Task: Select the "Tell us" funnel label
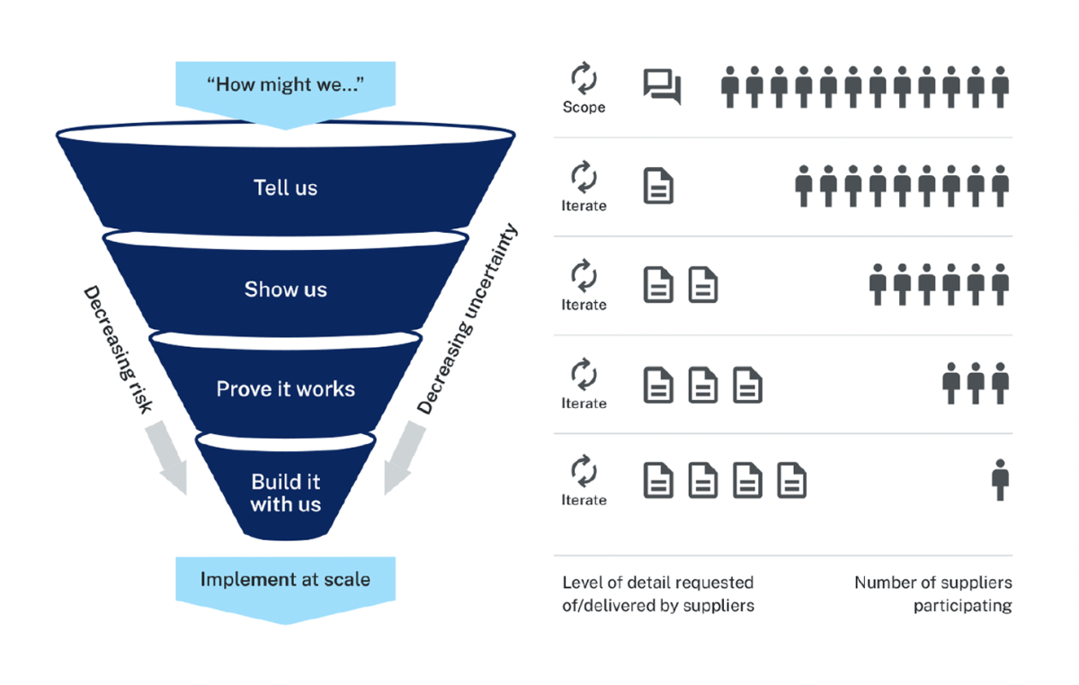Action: click(285, 188)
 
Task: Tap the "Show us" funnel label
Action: click(285, 289)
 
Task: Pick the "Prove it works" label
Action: click(285, 389)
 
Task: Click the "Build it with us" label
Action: click(285, 493)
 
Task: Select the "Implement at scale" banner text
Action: click(285, 579)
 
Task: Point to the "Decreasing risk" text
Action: click(118, 351)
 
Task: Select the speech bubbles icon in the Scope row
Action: click(662, 86)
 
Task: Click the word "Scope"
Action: click(584, 107)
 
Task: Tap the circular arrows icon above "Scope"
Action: click(584, 79)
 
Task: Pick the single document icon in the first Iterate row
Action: click(658, 185)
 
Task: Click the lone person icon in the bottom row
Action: click(999, 479)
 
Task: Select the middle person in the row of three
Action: click(976, 383)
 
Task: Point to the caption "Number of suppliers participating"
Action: click(932, 594)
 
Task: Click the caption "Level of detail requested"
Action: click(657, 583)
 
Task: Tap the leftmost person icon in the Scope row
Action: click(730, 86)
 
